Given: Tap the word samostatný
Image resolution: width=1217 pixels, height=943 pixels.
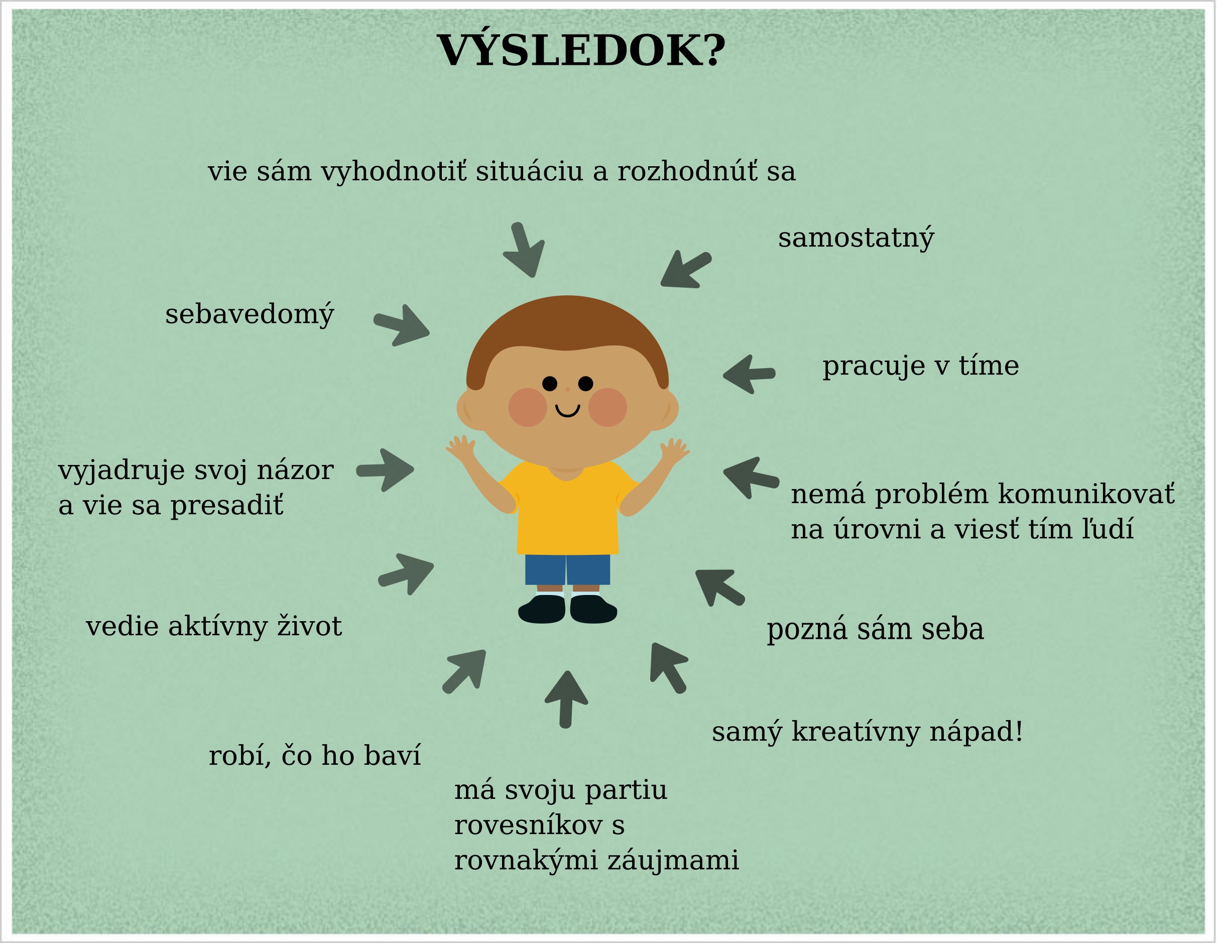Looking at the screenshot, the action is (856, 239).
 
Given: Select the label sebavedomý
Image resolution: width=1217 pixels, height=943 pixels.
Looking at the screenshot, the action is (249, 315).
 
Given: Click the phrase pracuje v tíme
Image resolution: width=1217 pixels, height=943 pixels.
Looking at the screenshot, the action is (921, 366).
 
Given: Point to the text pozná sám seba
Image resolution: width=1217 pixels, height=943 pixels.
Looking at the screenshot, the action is (876, 630).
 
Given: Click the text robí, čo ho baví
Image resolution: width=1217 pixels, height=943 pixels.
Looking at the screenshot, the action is (314, 756).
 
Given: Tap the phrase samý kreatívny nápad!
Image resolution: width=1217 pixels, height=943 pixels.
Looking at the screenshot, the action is (867, 732).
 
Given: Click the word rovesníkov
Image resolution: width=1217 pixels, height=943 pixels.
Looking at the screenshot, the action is (528, 825).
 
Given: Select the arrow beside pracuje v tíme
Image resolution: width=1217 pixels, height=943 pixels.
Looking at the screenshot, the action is (749, 374).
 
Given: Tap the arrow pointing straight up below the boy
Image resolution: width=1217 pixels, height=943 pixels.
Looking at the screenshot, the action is (566, 699).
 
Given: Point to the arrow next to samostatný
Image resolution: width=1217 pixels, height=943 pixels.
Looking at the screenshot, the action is (685, 270).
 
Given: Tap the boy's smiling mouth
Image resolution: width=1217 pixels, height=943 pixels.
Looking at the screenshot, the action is (568, 411).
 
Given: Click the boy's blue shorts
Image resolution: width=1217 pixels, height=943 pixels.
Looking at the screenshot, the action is (567, 569).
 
